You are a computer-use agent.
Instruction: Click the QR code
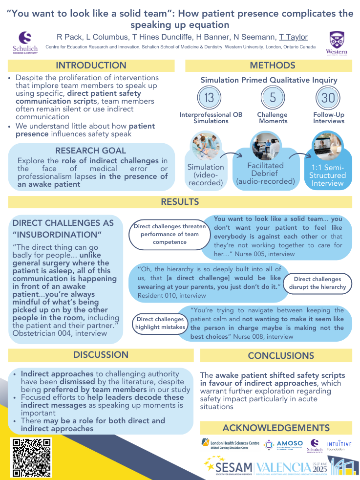tap(32, 458)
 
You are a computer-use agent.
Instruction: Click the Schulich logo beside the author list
tap(24, 43)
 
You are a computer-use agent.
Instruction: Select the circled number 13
tap(209, 98)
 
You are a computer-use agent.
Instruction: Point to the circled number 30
tap(328, 98)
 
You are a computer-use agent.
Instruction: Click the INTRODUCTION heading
tap(91, 65)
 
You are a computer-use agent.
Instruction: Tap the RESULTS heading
tap(180, 202)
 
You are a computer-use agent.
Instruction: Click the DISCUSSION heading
tap(101, 355)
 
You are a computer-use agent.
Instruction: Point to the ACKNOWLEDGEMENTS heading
tap(276, 428)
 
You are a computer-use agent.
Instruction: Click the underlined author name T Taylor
tap(293, 37)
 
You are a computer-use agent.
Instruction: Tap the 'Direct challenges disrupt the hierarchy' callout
tap(317, 283)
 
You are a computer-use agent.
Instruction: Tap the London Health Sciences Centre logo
tap(230, 444)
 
